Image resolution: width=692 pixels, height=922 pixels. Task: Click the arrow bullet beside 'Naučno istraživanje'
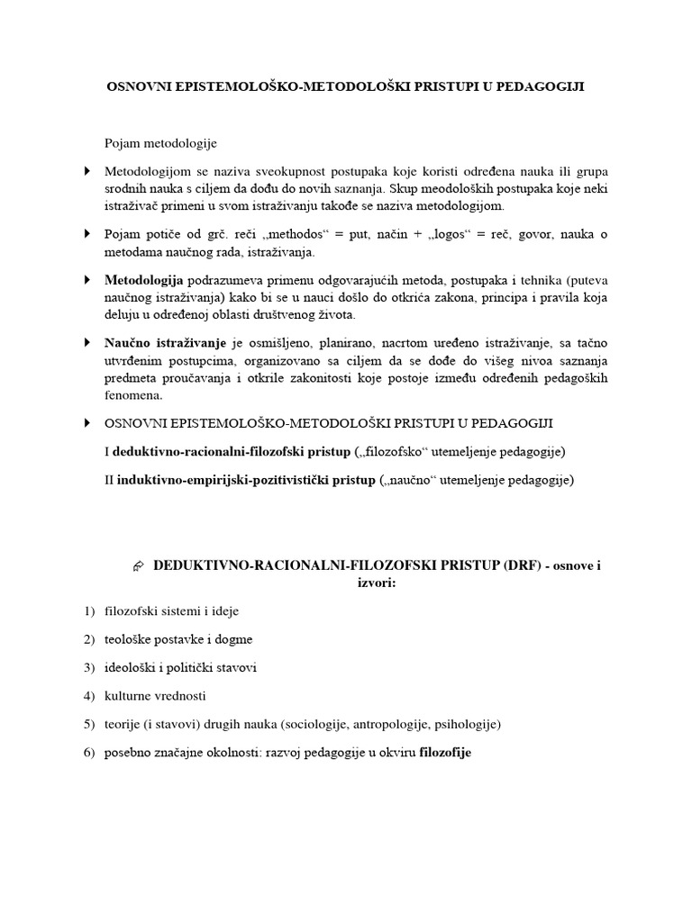click(x=87, y=342)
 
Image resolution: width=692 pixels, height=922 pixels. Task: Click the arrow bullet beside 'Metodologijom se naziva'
click(x=87, y=170)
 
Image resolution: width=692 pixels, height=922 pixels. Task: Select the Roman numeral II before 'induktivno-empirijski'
click(x=110, y=480)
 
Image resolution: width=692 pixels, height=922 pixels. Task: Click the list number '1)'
click(x=88, y=611)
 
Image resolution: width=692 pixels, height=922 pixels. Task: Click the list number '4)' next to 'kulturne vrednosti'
click(x=88, y=695)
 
